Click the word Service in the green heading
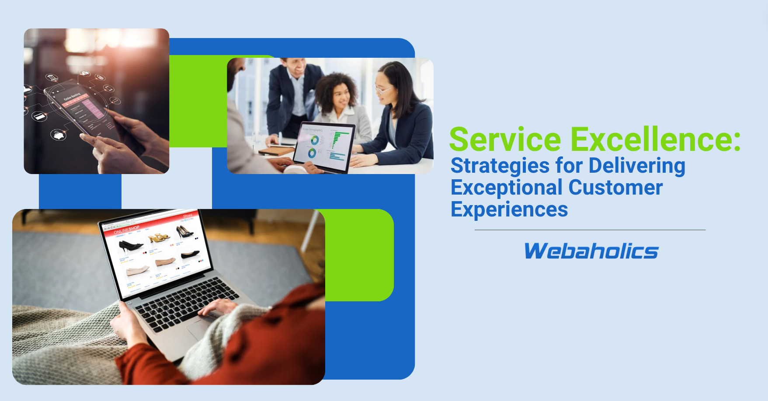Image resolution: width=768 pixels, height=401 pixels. (x=505, y=139)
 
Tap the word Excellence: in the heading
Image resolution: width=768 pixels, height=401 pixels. (x=656, y=139)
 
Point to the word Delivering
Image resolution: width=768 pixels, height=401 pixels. (x=637, y=166)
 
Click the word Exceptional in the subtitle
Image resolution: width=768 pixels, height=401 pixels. (x=507, y=188)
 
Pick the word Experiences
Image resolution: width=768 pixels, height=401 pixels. (x=509, y=210)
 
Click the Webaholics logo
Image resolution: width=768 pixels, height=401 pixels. (x=591, y=251)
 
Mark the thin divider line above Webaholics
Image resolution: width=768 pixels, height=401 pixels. (x=590, y=230)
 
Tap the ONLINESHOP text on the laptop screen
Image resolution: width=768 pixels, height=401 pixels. (x=127, y=230)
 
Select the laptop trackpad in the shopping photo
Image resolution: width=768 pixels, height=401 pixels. (x=201, y=326)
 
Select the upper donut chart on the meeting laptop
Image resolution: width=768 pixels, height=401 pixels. (x=314, y=140)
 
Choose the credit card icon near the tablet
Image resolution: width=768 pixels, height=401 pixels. (x=39, y=116)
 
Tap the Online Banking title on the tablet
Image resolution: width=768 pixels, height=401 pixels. (x=72, y=97)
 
